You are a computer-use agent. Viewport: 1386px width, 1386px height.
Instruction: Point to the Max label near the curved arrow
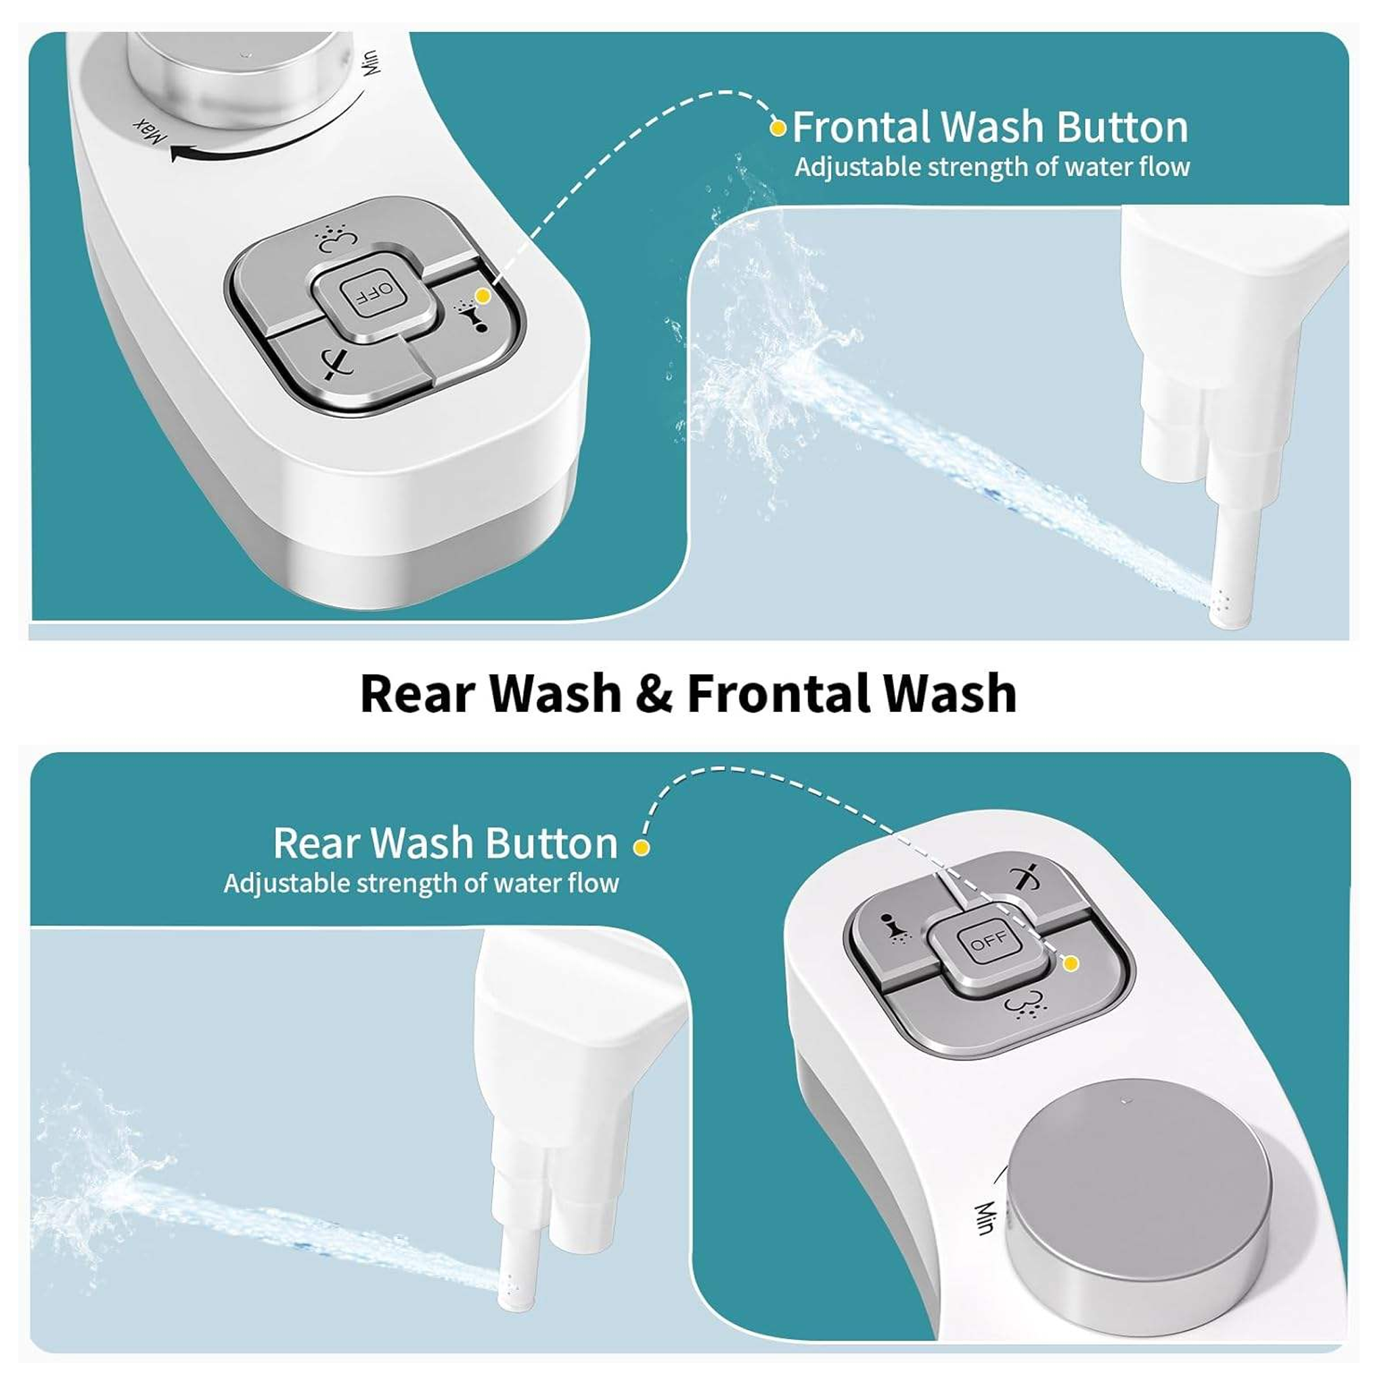[144, 129]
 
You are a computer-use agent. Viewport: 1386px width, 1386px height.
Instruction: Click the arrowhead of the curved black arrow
[179, 152]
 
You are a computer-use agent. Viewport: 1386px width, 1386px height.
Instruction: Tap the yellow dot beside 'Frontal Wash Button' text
[777, 129]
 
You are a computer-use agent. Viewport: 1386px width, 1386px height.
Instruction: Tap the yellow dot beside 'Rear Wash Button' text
[642, 847]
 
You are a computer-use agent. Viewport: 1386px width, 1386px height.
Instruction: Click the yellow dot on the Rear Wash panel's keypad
[1071, 964]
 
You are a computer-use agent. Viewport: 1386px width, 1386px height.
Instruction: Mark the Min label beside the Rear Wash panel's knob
[983, 1217]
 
